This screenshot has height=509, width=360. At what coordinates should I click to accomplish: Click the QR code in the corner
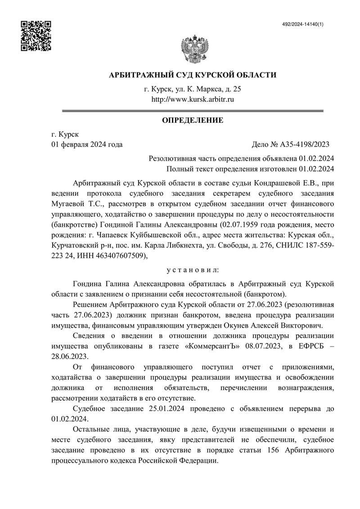click(x=36, y=36)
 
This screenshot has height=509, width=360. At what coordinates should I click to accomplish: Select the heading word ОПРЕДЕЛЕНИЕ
click(x=193, y=120)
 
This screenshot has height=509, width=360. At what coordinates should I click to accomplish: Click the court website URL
click(x=193, y=99)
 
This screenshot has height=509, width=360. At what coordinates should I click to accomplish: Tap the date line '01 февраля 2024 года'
click(x=87, y=144)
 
